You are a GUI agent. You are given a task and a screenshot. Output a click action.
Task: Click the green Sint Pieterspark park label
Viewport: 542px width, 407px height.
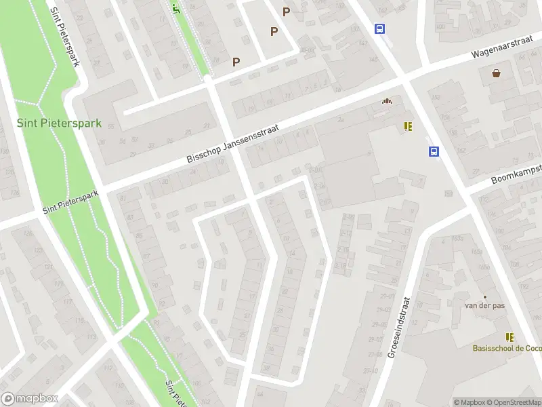pyautogui.click(x=60, y=123)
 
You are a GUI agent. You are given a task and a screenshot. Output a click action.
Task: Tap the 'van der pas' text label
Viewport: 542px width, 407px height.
pyautogui.click(x=484, y=306)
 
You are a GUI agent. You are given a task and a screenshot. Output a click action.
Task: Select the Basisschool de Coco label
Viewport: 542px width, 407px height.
pyautogui.click(x=507, y=349)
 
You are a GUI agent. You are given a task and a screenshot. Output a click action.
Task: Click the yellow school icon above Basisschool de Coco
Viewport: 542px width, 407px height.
pyautogui.click(x=509, y=337)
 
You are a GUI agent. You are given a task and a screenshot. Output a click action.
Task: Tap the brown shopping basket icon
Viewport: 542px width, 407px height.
pyautogui.click(x=497, y=73)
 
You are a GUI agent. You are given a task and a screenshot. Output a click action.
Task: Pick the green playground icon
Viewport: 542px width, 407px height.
pyautogui.click(x=177, y=8)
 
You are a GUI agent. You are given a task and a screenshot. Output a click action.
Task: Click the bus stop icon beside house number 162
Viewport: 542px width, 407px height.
pyautogui.click(x=434, y=152)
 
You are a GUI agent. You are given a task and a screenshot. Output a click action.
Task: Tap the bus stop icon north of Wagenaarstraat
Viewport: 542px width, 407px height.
pyautogui.click(x=380, y=28)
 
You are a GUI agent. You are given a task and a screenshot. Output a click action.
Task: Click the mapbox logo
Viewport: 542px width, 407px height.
pyautogui.click(x=30, y=398)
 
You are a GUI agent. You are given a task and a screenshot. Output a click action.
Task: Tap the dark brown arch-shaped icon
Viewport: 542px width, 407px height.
pyautogui.click(x=387, y=102)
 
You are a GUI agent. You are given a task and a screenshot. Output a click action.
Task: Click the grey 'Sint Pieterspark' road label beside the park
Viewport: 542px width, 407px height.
pyautogui.click(x=70, y=201)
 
